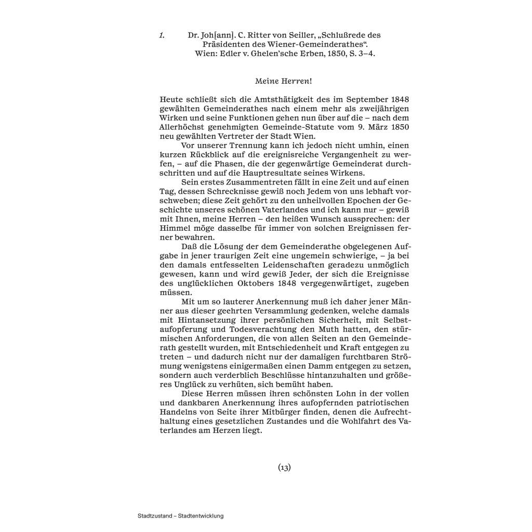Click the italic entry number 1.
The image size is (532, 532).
click(x=162, y=35)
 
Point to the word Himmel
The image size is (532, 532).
click(x=174, y=228)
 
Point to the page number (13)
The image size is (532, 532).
click(x=284, y=467)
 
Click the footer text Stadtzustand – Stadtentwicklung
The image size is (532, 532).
click(x=181, y=516)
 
